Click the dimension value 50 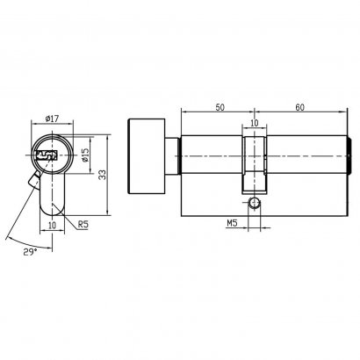[x=220, y=107]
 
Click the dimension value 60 [x=299, y=107]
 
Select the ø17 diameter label [x=52, y=119]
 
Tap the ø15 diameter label [x=85, y=155]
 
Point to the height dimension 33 [x=102, y=176]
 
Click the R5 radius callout [x=83, y=225]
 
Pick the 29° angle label [x=30, y=251]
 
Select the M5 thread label [x=232, y=223]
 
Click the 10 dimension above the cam [x=255, y=123]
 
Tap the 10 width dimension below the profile [x=52, y=226]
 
